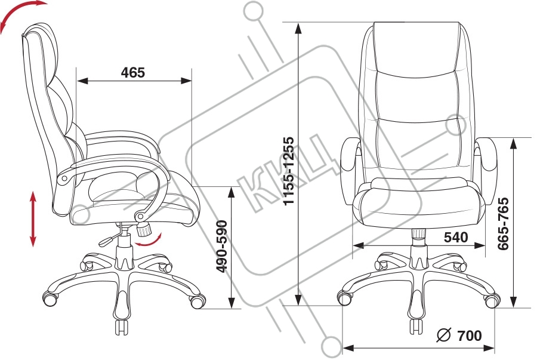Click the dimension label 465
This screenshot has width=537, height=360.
coord(132,73)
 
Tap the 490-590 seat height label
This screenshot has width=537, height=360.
coord(222,247)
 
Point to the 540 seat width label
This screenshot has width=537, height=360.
coord(456,237)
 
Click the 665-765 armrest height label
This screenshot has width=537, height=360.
coord(503,223)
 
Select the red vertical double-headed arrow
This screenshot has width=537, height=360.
coord(33,219)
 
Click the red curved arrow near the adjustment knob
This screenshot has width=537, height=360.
coord(149,241)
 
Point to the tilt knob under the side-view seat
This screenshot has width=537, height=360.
coord(144,228)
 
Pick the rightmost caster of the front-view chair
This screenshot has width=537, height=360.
coord(491,300)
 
